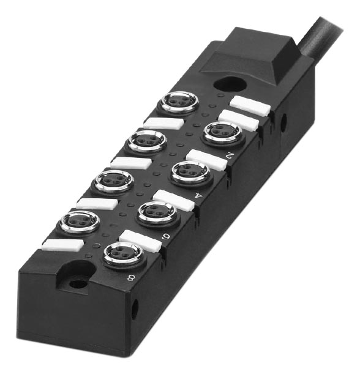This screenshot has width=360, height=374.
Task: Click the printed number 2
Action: tap(229, 156)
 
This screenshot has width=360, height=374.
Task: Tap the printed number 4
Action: tap(198, 196)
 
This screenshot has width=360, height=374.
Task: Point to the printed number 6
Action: tap(165, 237)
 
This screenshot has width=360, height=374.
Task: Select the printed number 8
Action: tap(131, 277)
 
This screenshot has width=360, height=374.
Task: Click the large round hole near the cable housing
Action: tap(230, 84)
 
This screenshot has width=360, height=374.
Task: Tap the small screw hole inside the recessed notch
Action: tap(78, 284)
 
